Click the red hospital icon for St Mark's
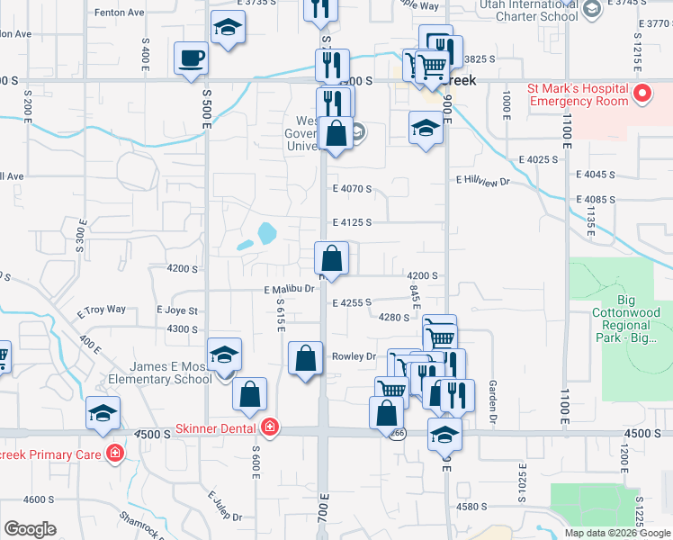pos(642,94)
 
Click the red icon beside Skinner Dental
pos(269,426)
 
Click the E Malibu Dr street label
pos(288,289)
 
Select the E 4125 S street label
pos(352,222)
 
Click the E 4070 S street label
pos(352,188)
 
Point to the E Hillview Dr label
pos(482,181)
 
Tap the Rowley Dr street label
pos(354,356)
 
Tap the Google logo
pos(30,529)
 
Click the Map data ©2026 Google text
pos(617,533)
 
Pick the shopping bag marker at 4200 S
pos(331,258)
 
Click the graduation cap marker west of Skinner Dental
pos(103,413)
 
